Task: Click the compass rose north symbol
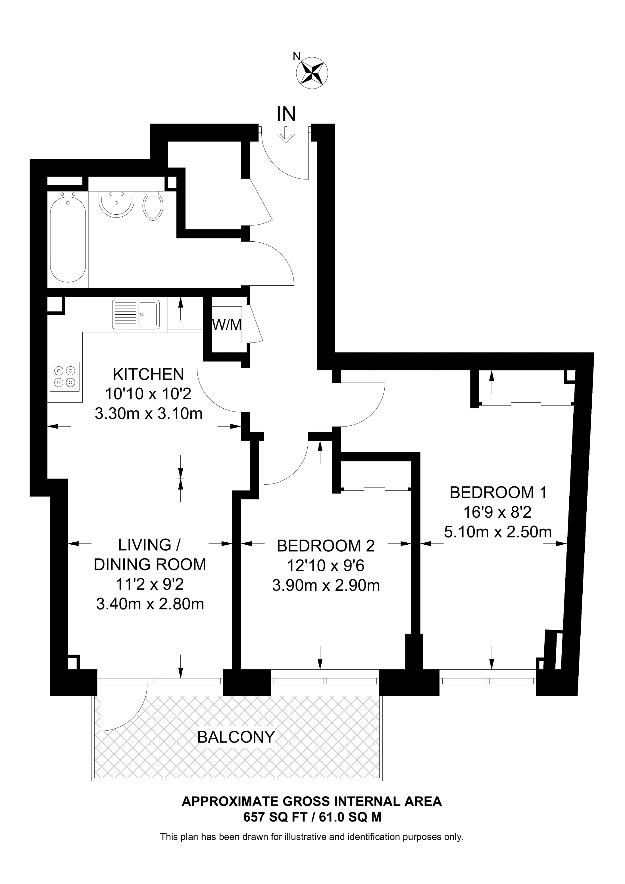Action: coord(312,72)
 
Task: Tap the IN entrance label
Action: coord(286,114)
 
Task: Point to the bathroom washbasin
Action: coord(116,203)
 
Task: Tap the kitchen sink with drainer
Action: coord(136,315)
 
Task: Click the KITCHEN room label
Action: coord(149,374)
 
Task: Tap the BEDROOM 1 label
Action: coord(498,492)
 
